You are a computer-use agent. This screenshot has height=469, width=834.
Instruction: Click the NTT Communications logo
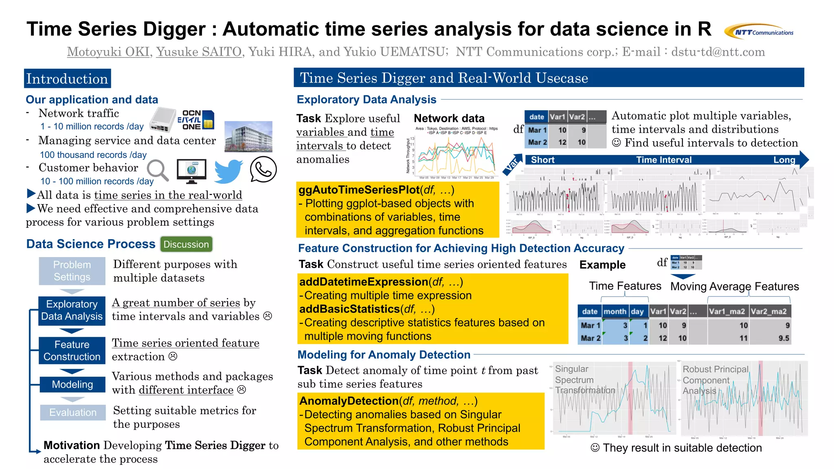point(759,31)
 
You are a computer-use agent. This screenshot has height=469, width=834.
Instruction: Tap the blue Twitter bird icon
point(228,171)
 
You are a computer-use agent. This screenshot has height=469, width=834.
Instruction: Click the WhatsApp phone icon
point(263,170)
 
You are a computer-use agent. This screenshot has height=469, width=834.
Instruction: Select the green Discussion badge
point(186,244)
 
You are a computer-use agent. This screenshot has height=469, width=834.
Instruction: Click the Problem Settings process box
point(72,271)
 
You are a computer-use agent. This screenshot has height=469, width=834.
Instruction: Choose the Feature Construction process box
point(72,350)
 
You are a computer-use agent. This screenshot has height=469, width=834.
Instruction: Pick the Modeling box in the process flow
point(72,384)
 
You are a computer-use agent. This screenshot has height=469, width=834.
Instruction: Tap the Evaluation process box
point(73,412)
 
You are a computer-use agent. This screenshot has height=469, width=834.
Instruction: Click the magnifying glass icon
point(158,170)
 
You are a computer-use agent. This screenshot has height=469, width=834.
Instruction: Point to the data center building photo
point(248,137)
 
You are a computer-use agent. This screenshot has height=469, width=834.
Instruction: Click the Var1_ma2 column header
point(727,312)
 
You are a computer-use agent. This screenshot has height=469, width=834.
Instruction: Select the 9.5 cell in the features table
point(784,338)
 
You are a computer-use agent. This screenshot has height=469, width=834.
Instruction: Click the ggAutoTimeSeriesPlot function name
point(359,190)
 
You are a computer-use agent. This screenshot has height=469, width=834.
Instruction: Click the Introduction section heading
point(67,79)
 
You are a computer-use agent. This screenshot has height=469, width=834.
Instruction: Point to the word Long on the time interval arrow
point(784,160)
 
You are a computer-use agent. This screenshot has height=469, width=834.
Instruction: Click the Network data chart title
point(449,118)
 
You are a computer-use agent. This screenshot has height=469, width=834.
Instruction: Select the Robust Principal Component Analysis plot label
point(715,380)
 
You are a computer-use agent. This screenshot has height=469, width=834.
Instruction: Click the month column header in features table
point(615,312)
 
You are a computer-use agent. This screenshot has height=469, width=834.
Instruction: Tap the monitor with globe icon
point(191,171)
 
